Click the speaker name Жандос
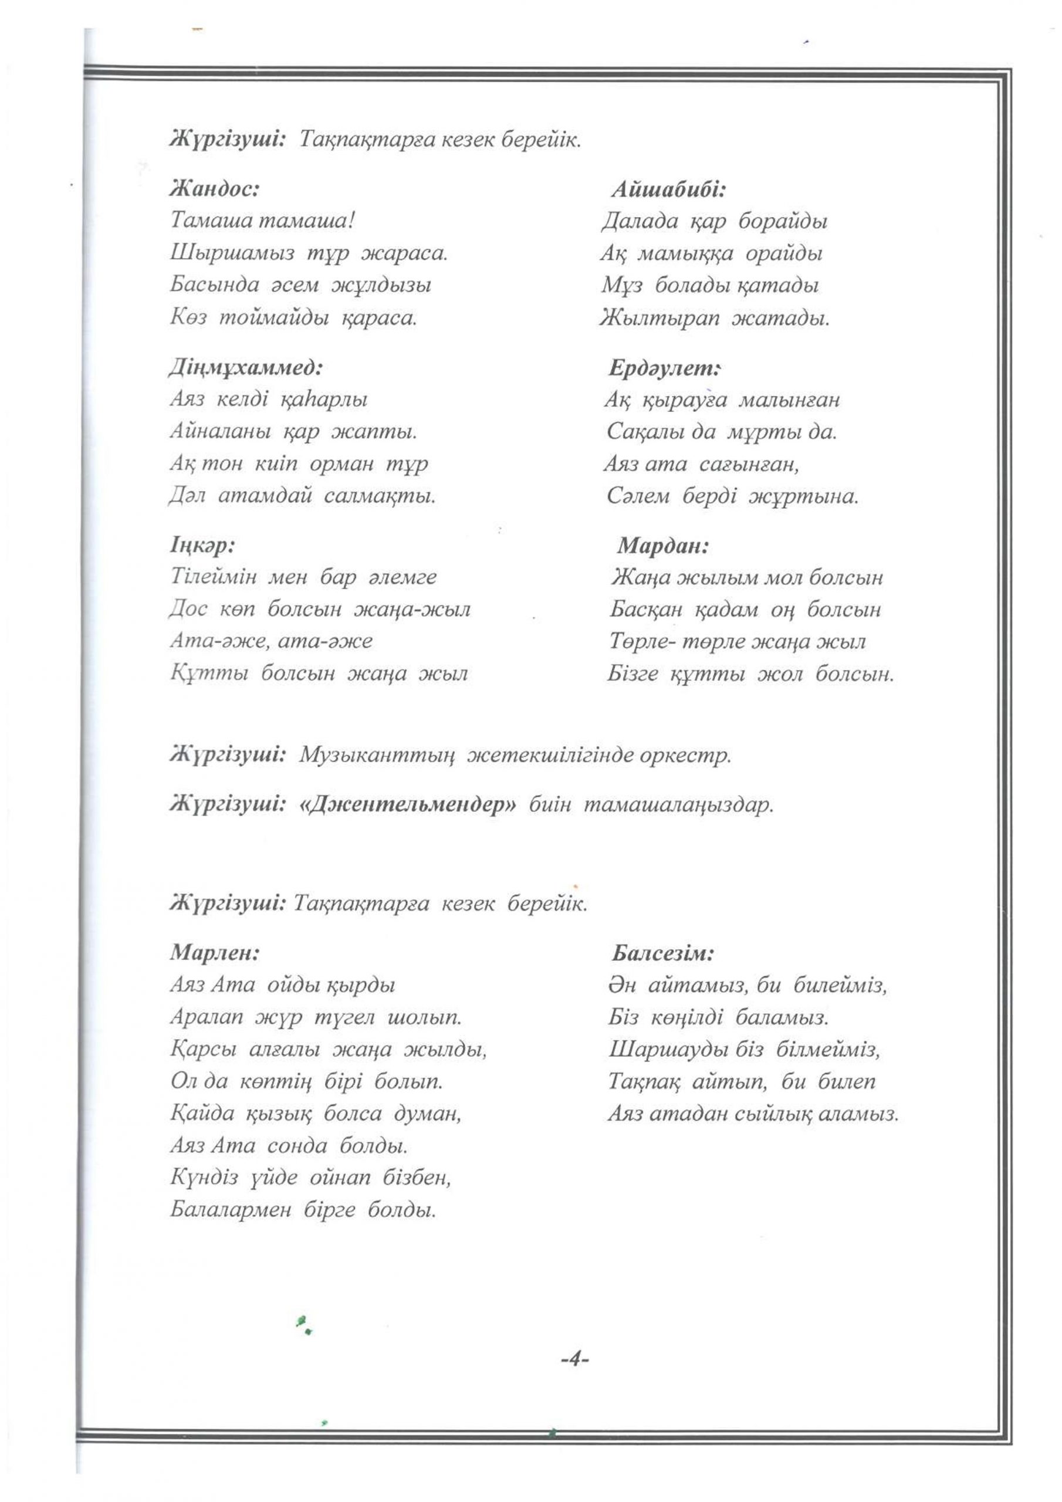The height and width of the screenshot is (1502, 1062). (x=215, y=190)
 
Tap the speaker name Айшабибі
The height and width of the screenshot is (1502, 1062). (x=669, y=190)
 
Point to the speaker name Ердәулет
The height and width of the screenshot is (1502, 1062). (x=664, y=368)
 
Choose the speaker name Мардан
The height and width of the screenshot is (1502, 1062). (x=663, y=546)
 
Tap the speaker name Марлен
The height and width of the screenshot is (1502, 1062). (x=215, y=952)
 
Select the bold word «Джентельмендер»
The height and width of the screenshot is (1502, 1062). (x=407, y=804)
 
